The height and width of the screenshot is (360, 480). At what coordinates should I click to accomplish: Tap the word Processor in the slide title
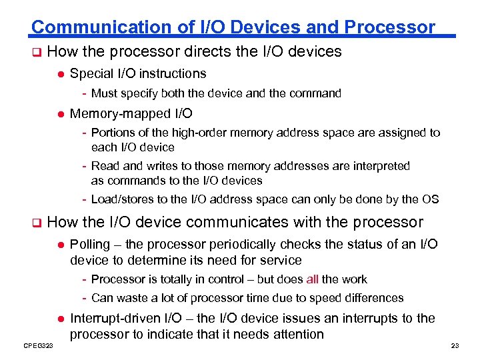(x=389, y=27)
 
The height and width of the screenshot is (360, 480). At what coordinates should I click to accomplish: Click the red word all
(x=313, y=279)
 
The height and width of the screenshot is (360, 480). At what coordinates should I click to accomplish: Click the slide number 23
(x=455, y=345)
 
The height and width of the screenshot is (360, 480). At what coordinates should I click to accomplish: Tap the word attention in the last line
(x=294, y=334)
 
